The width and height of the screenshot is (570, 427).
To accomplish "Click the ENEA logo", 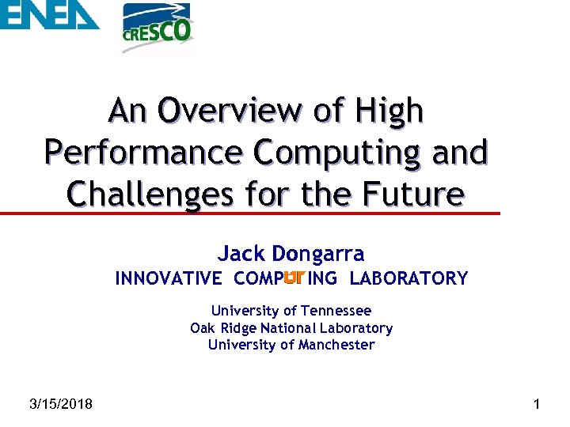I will [x=49, y=16].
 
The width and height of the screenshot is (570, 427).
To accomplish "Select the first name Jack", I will [x=241, y=254].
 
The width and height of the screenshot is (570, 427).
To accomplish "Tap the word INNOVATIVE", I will [x=169, y=278].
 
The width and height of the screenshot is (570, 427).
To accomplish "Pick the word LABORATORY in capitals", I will [x=408, y=278].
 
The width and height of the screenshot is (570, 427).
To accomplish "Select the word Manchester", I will [x=336, y=345].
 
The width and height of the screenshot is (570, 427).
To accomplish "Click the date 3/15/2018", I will [x=60, y=405].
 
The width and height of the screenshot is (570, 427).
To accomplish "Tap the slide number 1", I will [x=538, y=405].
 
